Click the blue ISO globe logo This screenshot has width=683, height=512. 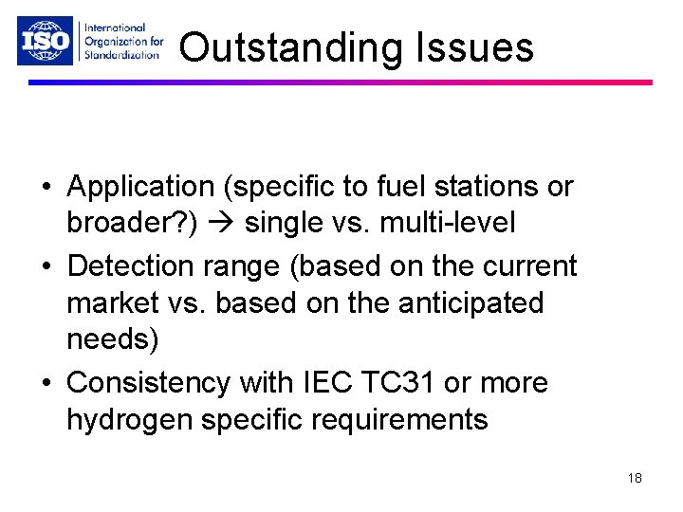45,42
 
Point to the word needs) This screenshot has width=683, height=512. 112,340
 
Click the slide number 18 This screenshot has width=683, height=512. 635,479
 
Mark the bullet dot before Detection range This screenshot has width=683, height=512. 46,267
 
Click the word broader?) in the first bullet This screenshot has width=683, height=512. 126,224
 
